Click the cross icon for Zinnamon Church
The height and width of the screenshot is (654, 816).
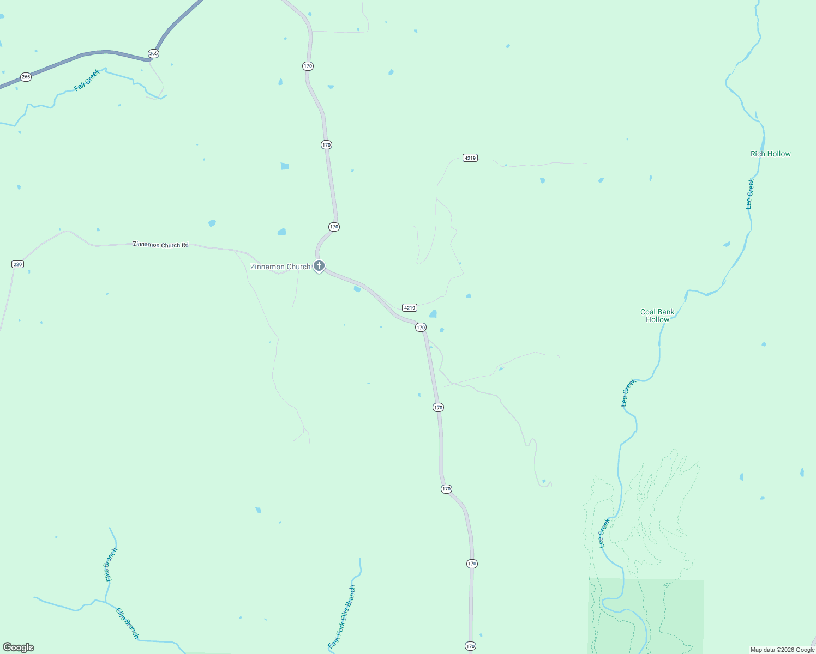coord(319,266)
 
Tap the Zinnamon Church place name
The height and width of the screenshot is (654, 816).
coord(280,267)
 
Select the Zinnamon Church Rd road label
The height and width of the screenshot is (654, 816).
coord(160,245)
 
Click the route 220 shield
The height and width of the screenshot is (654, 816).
coord(17,264)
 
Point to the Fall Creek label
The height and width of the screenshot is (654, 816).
coord(87,80)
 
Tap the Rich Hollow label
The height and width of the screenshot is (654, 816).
coord(770,154)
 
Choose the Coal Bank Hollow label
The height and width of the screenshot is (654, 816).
coord(657,316)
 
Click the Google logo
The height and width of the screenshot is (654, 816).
coord(19,647)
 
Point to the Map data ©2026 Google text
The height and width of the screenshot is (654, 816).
coord(782,650)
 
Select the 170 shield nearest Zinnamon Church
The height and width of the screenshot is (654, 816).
coord(334,227)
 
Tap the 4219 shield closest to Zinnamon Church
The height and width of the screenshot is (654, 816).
coord(410,307)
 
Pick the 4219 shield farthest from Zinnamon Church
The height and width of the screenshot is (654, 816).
coord(470,158)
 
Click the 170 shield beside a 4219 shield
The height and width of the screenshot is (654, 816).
coord(420,328)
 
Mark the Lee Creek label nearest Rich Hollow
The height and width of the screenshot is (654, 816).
coord(750,194)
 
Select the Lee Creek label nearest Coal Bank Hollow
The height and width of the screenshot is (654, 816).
coord(628,392)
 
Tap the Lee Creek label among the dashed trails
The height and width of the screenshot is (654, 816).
coord(604,533)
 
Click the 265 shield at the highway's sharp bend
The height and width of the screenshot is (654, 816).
coord(153,53)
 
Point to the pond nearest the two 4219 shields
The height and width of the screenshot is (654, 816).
coord(433,314)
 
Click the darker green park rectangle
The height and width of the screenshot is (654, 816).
coord(646,616)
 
